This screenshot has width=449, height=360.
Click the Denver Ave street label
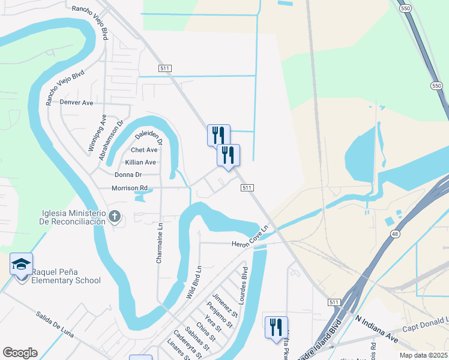[x=76, y=103]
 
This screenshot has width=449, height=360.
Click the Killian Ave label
[x=140, y=162]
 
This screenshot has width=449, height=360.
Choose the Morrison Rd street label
[x=129, y=188]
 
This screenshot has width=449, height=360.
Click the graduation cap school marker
[x=21, y=263]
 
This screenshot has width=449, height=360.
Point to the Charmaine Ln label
[x=160, y=243]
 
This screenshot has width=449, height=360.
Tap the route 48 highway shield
[x=395, y=233]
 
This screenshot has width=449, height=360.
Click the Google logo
[x=20, y=353]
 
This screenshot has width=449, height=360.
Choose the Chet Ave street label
[x=143, y=150]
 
